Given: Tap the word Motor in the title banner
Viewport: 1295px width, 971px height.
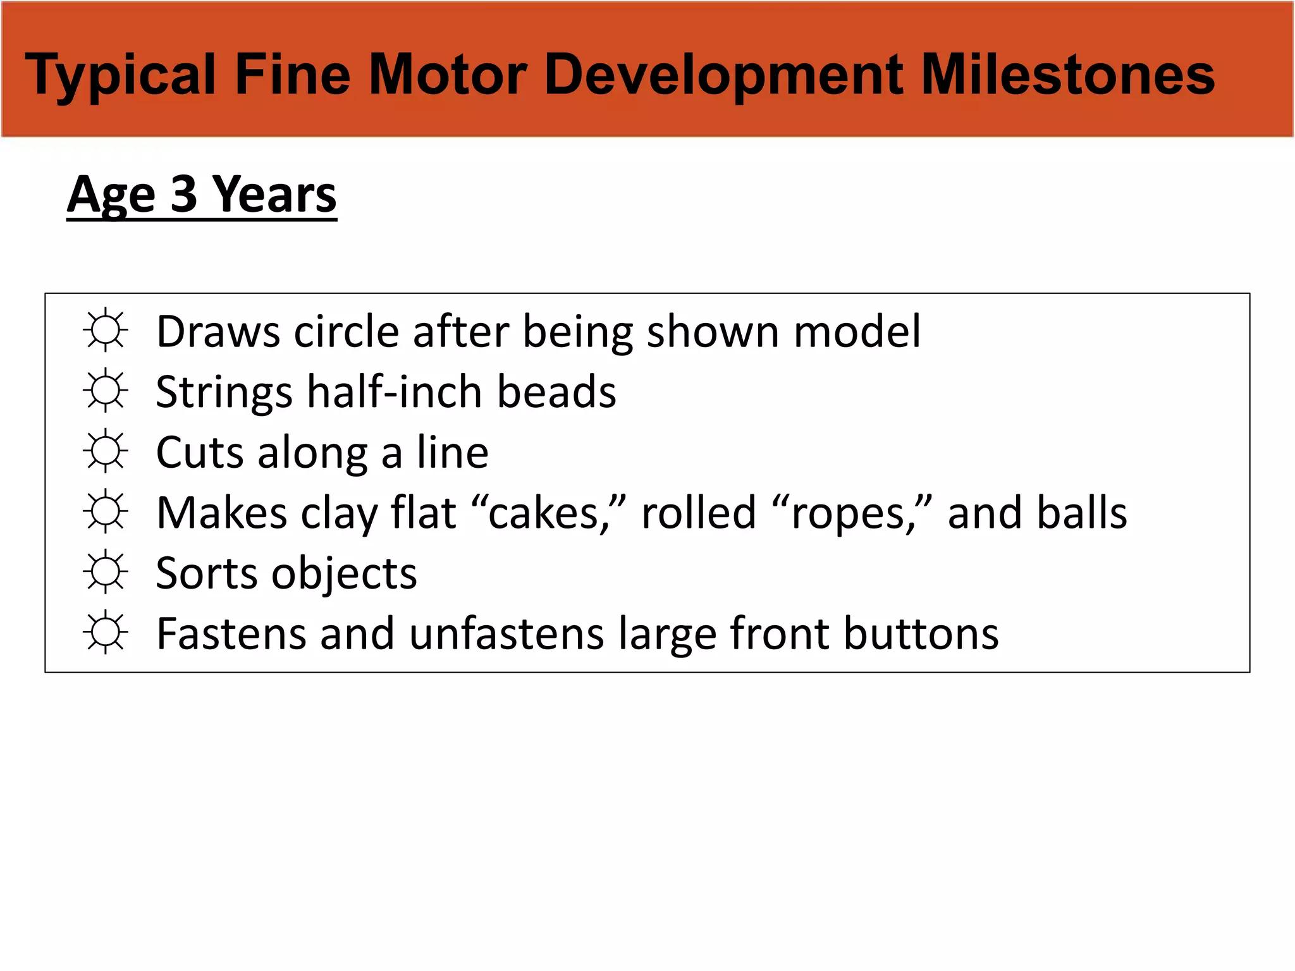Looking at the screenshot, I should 448,75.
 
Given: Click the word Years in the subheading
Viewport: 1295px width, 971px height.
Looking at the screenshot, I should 274,195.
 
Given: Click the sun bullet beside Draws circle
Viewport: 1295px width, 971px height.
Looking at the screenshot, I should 106,330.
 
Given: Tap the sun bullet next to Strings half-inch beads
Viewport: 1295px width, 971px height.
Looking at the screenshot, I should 106,391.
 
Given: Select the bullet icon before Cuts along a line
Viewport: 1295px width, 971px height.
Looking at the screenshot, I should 106,451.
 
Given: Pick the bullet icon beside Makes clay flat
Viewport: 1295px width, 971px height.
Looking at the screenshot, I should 106,511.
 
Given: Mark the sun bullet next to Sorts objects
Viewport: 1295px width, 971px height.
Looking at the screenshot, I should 106,572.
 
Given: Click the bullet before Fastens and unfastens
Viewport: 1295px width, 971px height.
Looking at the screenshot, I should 106,632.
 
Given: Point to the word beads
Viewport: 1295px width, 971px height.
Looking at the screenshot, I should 556,392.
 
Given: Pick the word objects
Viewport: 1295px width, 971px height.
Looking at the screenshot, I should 344,574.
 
